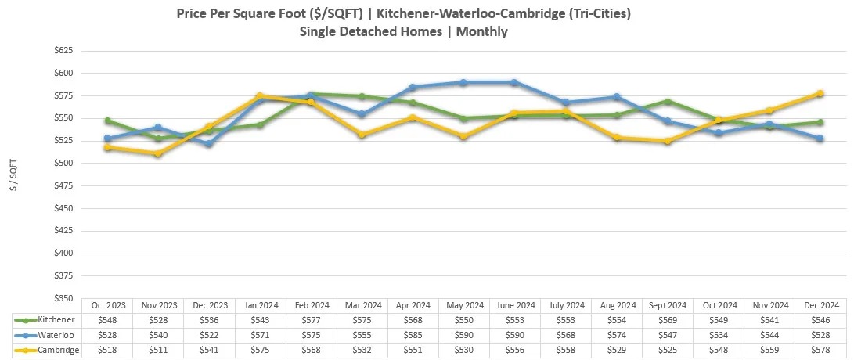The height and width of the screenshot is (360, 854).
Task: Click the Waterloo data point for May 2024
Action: pyautogui.click(x=463, y=82)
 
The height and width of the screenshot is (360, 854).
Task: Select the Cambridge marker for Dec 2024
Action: pyautogui.click(x=820, y=93)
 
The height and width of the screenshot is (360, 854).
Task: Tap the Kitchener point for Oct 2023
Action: pyautogui.click(x=107, y=121)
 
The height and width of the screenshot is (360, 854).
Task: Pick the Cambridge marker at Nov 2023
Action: pyautogui.click(x=158, y=153)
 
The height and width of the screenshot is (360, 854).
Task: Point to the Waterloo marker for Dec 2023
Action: pyautogui.click(x=209, y=144)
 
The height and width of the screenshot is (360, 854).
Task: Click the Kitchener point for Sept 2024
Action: pyautogui.click(x=668, y=101)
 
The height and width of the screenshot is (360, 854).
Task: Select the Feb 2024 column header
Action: pyautogui.click(x=311, y=305)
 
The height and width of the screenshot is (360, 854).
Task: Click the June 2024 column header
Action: pyautogui.click(x=514, y=305)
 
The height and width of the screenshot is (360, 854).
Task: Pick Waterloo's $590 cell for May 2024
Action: pyautogui.click(x=463, y=335)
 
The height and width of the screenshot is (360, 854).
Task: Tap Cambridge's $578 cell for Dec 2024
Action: pyautogui.click(x=820, y=350)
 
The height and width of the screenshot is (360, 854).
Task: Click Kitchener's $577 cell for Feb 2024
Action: pyautogui.click(x=311, y=320)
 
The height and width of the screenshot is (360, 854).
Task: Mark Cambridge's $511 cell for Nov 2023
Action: pyautogui.click(x=158, y=350)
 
